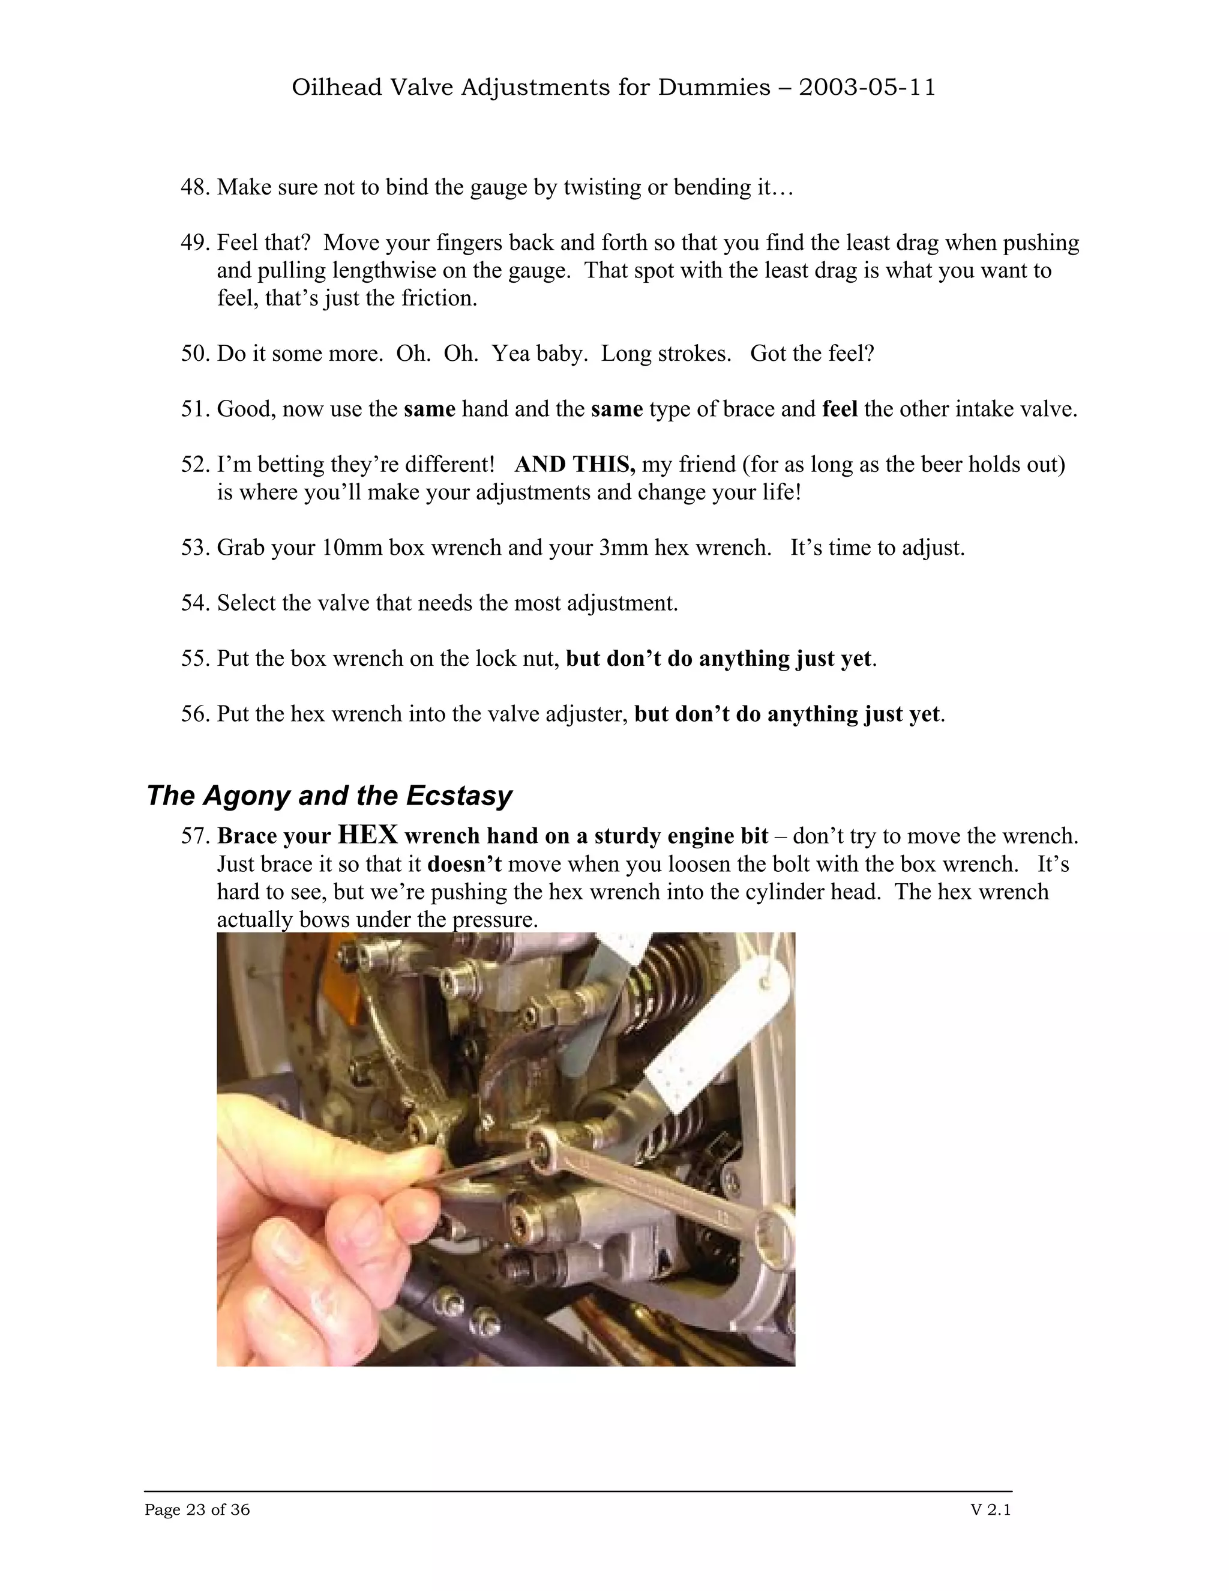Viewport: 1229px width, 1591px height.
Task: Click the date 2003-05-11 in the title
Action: (867, 88)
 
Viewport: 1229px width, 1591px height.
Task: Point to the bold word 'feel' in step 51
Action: (840, 409)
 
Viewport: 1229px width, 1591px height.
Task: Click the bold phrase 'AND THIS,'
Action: (575, 465)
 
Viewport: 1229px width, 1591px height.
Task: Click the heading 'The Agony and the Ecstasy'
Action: (329, 795)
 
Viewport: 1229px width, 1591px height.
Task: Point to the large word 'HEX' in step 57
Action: (368, 835)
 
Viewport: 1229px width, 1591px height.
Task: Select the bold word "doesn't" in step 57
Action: (464, 865)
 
